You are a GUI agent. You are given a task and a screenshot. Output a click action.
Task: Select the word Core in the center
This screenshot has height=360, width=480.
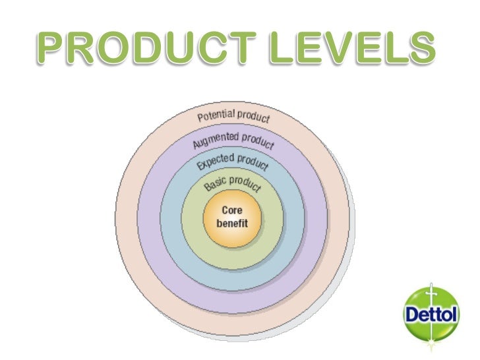[231, 211]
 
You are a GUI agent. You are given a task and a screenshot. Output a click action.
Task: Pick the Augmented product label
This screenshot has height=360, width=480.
[234, 140]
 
